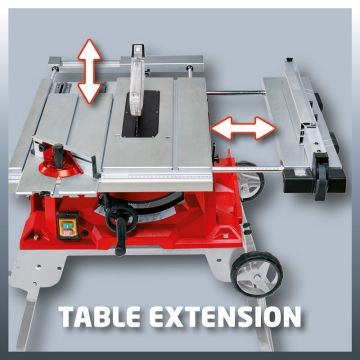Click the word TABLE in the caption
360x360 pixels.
tap(99, 316)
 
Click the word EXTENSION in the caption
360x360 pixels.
tap(225, 316)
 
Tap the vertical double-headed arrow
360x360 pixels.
tap(89, 71)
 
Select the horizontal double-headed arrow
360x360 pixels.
tap(244, 128)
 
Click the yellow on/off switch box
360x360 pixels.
tap(69, 225)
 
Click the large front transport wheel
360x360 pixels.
tap(257, 273)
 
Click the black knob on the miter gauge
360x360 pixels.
tap(59, 153)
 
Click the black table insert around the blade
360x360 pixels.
tap(141, 113)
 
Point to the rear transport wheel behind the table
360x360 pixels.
tap(251, 180)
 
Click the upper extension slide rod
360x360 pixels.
tap(236, 93)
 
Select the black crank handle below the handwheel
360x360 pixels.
tap(121, 237)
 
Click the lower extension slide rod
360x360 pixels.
tap(248, 169)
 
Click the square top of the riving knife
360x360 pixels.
tap(137, 50)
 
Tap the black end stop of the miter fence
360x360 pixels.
tap(95, 167)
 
